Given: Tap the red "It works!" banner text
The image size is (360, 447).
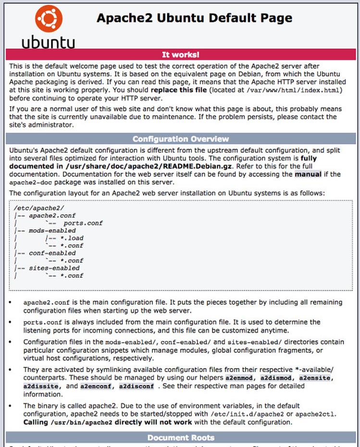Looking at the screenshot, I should [180, 55].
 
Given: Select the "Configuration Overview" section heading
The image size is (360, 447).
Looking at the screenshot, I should [181, 139].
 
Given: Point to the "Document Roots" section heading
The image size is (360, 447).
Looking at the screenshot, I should [181, 437].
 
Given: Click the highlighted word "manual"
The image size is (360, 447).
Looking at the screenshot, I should [308, 174].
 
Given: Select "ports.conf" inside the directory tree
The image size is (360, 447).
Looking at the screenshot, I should [83, 223].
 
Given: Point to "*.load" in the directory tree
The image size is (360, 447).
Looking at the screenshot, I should [69, 238].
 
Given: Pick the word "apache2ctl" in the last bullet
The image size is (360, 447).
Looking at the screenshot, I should [320, 414].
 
